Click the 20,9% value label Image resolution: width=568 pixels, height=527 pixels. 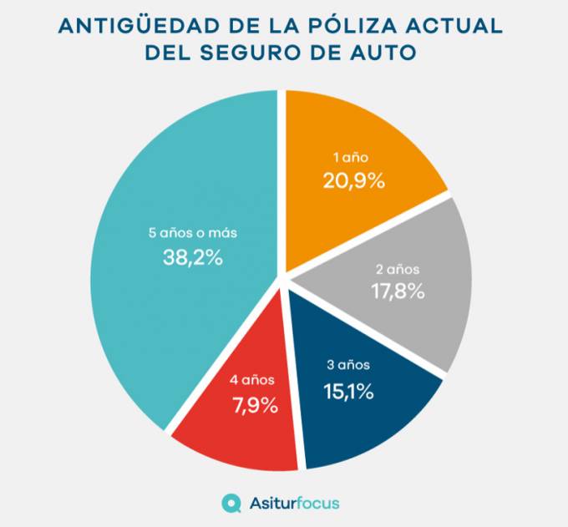coord(354,180)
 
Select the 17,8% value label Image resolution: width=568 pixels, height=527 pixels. coord(398,291)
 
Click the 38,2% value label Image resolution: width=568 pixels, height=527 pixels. coord(193,258)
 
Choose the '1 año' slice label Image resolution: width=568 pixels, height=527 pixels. coord(351,157)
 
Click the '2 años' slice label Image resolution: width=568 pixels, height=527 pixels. coord(398,270)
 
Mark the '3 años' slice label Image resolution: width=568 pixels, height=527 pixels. coord(347,365)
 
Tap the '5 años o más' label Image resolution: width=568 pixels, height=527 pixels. coord(193,234)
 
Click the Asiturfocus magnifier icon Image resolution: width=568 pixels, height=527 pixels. coord(231,503)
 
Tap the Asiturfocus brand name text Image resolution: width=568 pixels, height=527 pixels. coord(295,503)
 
